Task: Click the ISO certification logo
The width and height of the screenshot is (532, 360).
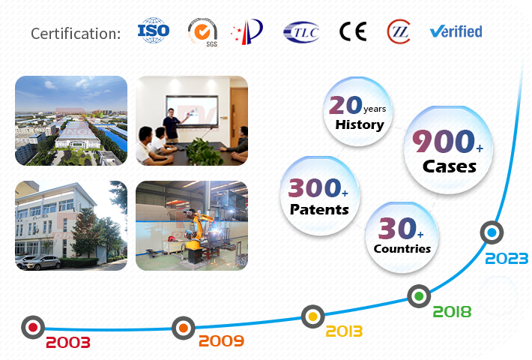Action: pos(154,31)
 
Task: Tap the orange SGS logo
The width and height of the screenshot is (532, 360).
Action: pos(203,32)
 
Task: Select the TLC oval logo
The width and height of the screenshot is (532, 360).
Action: pos(301,32)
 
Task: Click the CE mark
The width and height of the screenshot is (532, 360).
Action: pos(353,31)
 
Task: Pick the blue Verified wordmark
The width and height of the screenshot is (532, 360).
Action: pos(456,31)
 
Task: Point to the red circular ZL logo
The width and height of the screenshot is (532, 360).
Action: pos(399,31)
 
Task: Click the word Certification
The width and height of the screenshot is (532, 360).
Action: pos(76,34)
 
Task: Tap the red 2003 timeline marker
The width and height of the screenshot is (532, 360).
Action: pos(33,328)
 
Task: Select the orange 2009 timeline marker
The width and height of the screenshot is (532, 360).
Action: pos(184,328)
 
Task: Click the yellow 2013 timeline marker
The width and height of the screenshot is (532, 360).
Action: pos(312,316)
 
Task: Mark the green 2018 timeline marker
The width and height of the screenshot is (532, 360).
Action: pos(419,296)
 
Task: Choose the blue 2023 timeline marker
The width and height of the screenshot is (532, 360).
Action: pos(492,232)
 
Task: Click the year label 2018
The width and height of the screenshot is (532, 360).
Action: pos(453,312)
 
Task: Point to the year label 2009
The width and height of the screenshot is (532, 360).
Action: pos(221,340)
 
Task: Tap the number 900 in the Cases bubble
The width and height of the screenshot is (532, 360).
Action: pos(444,141)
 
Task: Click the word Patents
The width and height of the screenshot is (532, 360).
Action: pos(319,209)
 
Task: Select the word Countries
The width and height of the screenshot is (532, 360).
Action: pos(402,248)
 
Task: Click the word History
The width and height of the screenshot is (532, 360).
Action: pos(360,124)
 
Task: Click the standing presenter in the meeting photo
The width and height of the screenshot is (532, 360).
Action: pos(172,125)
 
